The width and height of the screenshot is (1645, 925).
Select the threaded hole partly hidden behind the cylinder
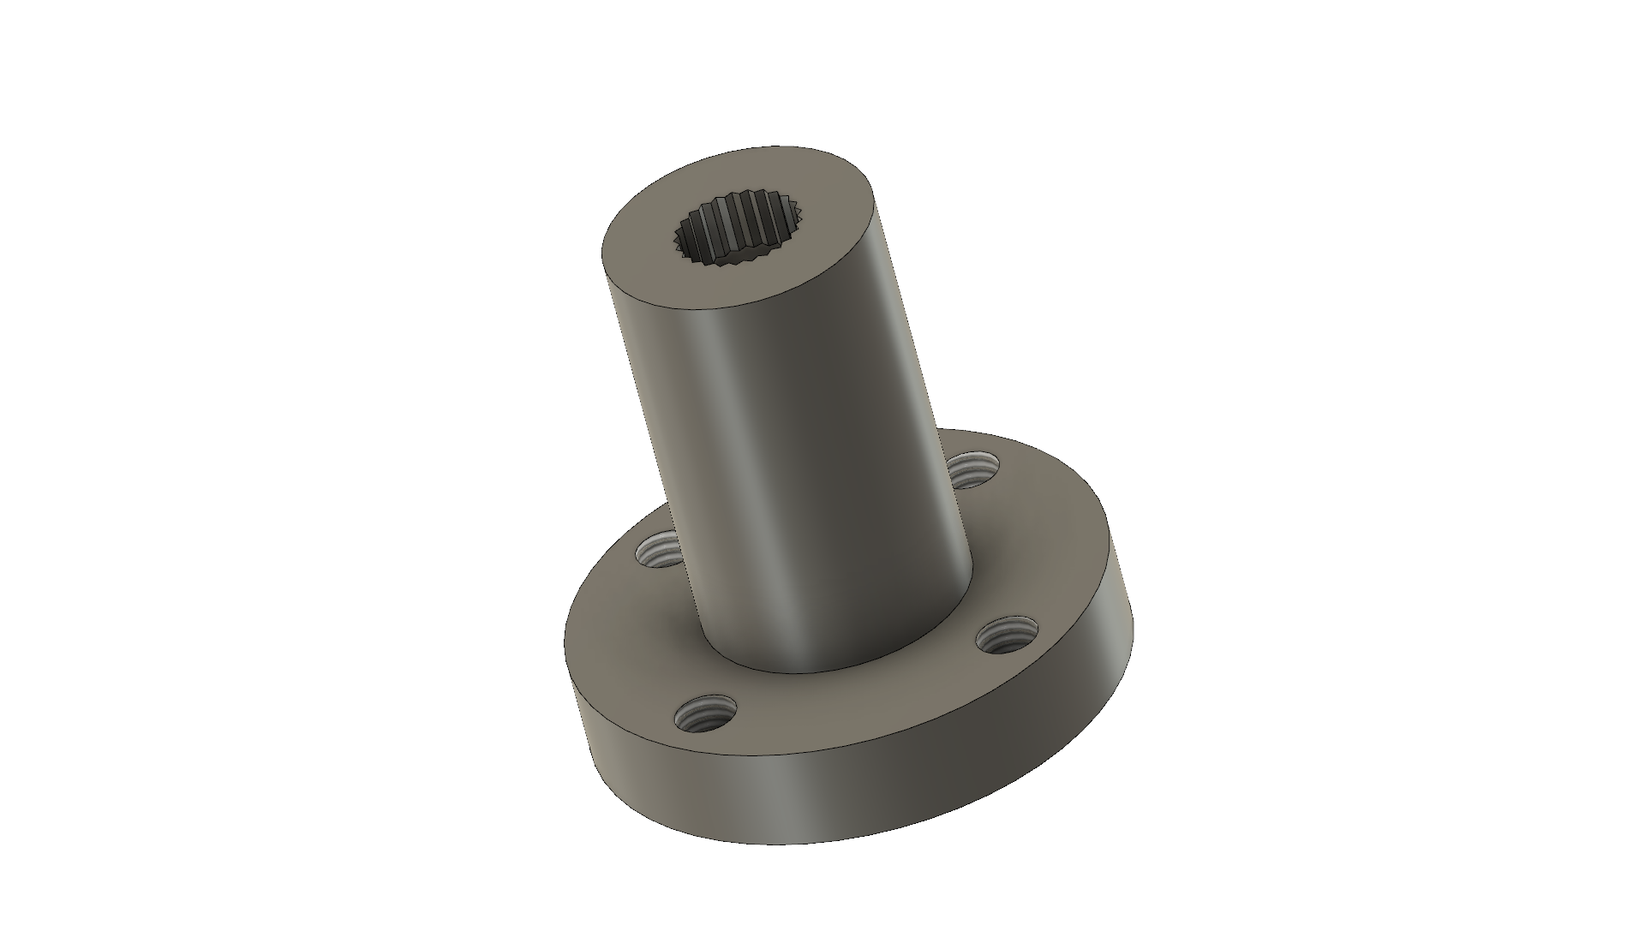(x=976, y=470)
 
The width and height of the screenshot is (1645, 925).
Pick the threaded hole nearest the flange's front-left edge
(x=706, y=713)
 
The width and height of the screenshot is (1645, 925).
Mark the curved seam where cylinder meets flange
(x=822, y=672)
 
